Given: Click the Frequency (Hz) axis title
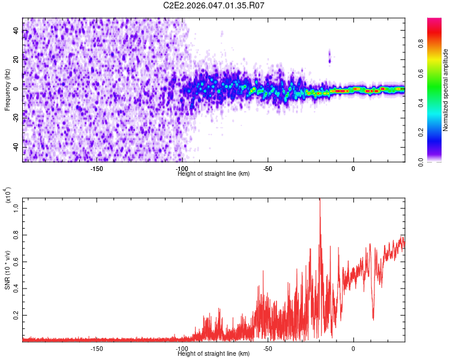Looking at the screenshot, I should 7,89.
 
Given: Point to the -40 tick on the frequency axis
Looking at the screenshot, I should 16,147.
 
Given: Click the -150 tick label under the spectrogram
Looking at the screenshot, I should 97,168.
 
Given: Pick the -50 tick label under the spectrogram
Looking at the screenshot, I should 268,168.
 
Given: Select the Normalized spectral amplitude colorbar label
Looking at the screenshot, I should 446,90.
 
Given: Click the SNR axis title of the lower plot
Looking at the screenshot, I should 7,269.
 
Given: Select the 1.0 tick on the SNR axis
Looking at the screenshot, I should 16,206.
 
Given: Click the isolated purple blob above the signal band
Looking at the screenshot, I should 329,56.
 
